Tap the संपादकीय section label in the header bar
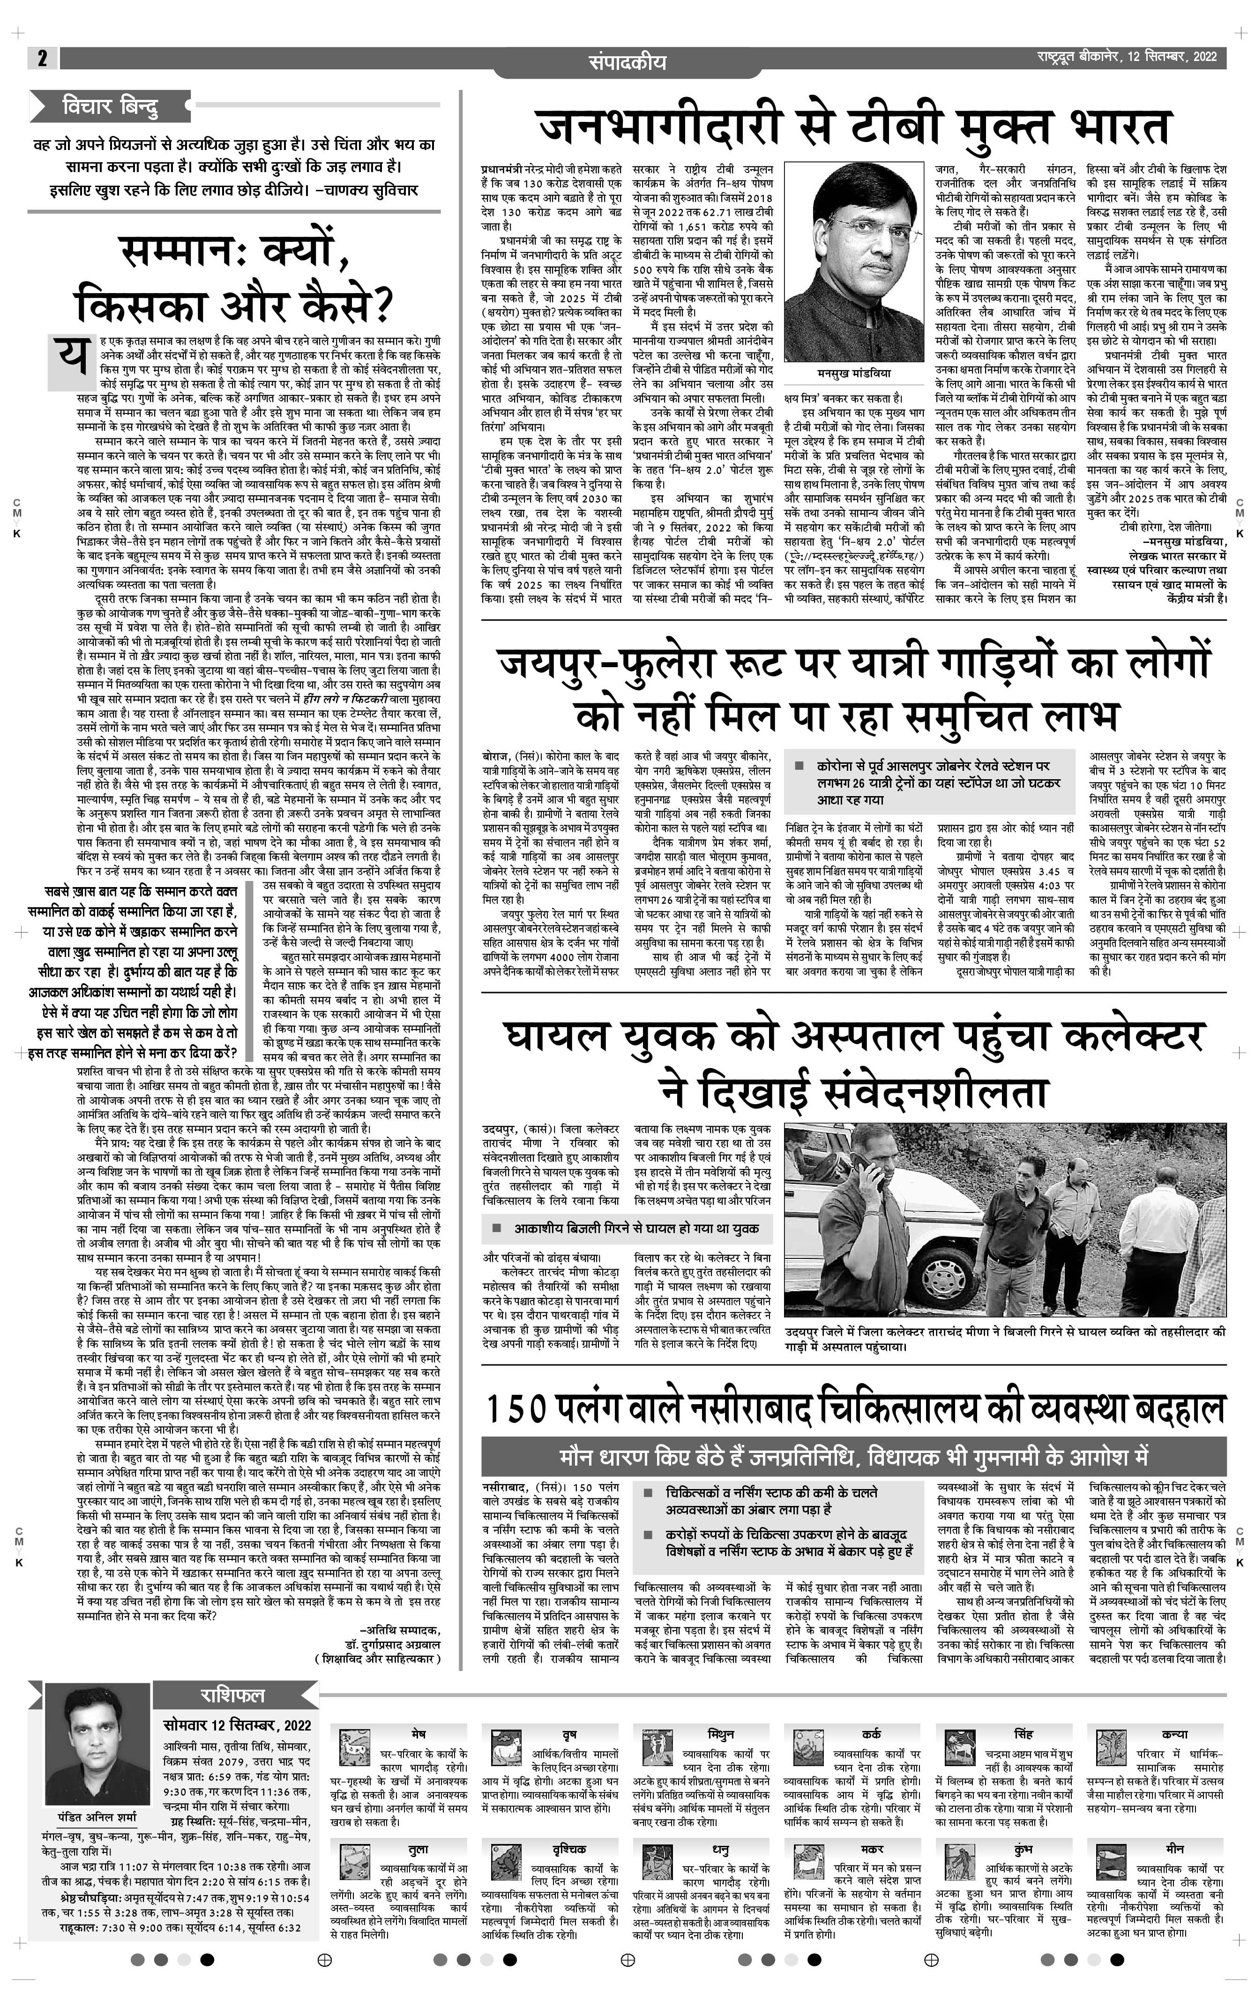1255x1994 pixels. coord(627,61)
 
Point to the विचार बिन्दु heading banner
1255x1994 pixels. coord(110,106)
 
